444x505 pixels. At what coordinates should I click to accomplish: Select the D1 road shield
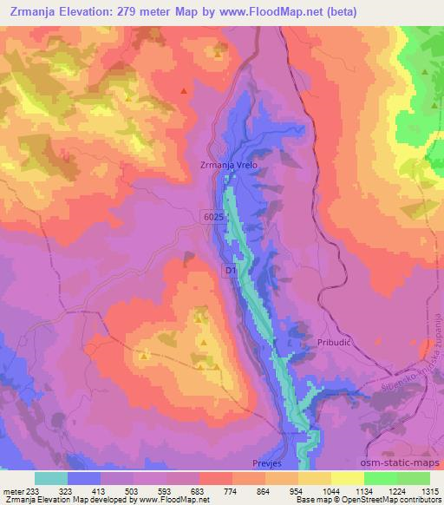pyautogui.click(x=230, y=272)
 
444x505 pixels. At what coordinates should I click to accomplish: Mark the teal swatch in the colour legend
pyautogui.click(x=51, y=478)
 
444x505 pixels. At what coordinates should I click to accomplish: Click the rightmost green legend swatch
pyautogui.click(x=414, y=478)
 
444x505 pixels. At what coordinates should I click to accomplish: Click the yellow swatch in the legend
pyautogui.click(x=348, y=478)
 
